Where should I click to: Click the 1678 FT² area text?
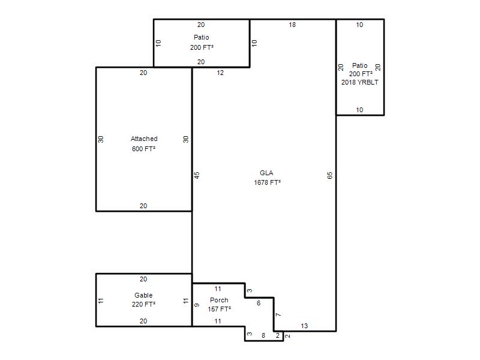(x=267, y=182)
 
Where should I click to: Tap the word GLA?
(x=266, y=173)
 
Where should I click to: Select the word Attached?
(x=144, y=139)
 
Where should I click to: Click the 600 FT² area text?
(x=143, y=149)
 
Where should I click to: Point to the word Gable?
(x=143, y=295)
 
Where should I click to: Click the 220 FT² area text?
(x=143, y=304)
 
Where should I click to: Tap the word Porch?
(x=219, y=300)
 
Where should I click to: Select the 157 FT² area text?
(x=219, y=309)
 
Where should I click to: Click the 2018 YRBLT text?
(x=359, y=82)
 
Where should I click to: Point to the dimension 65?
(x=329, y=175)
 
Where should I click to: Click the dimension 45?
(x=197, y=175)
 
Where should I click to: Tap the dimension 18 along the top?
(x=292, y=25)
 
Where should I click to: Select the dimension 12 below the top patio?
(x=220, y=73)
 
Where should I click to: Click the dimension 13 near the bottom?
(x=304, y=326)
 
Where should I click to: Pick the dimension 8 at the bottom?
(x=263, y=335)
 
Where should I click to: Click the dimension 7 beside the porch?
(x=278, y=314)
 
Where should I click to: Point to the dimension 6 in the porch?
(x=259, y=303)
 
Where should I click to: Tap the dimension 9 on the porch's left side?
(x=197, y=305)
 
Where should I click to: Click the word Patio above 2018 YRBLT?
(x=359, y=65)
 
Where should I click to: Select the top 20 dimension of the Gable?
(x=143, y=279)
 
